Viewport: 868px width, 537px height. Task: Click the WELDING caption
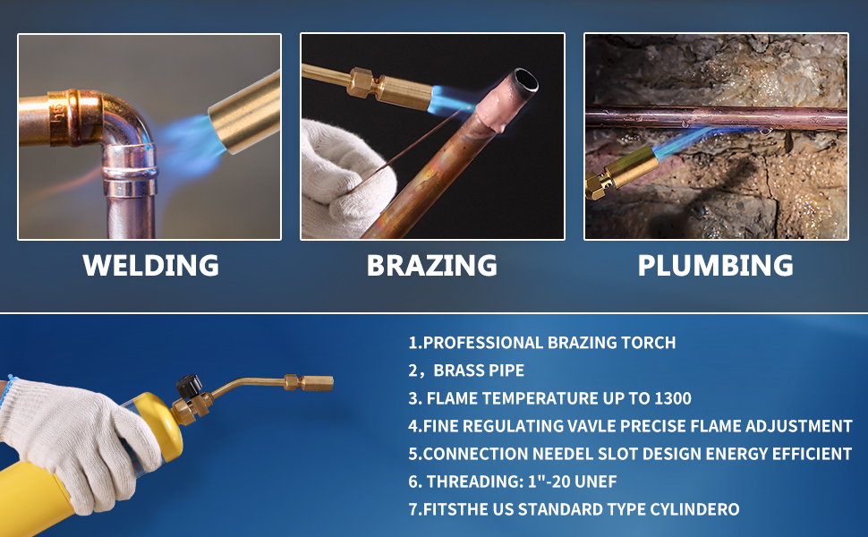coord(150,266)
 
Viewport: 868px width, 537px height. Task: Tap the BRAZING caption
coord(432,266)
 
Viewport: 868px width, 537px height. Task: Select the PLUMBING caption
coord(715,266)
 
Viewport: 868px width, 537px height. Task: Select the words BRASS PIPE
coord(479,371)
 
